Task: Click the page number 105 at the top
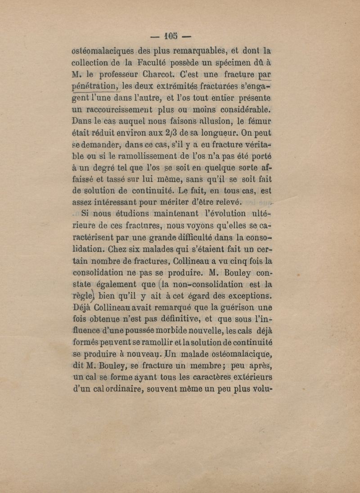click(171, 35)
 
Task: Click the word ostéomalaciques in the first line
click(102, 50)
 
